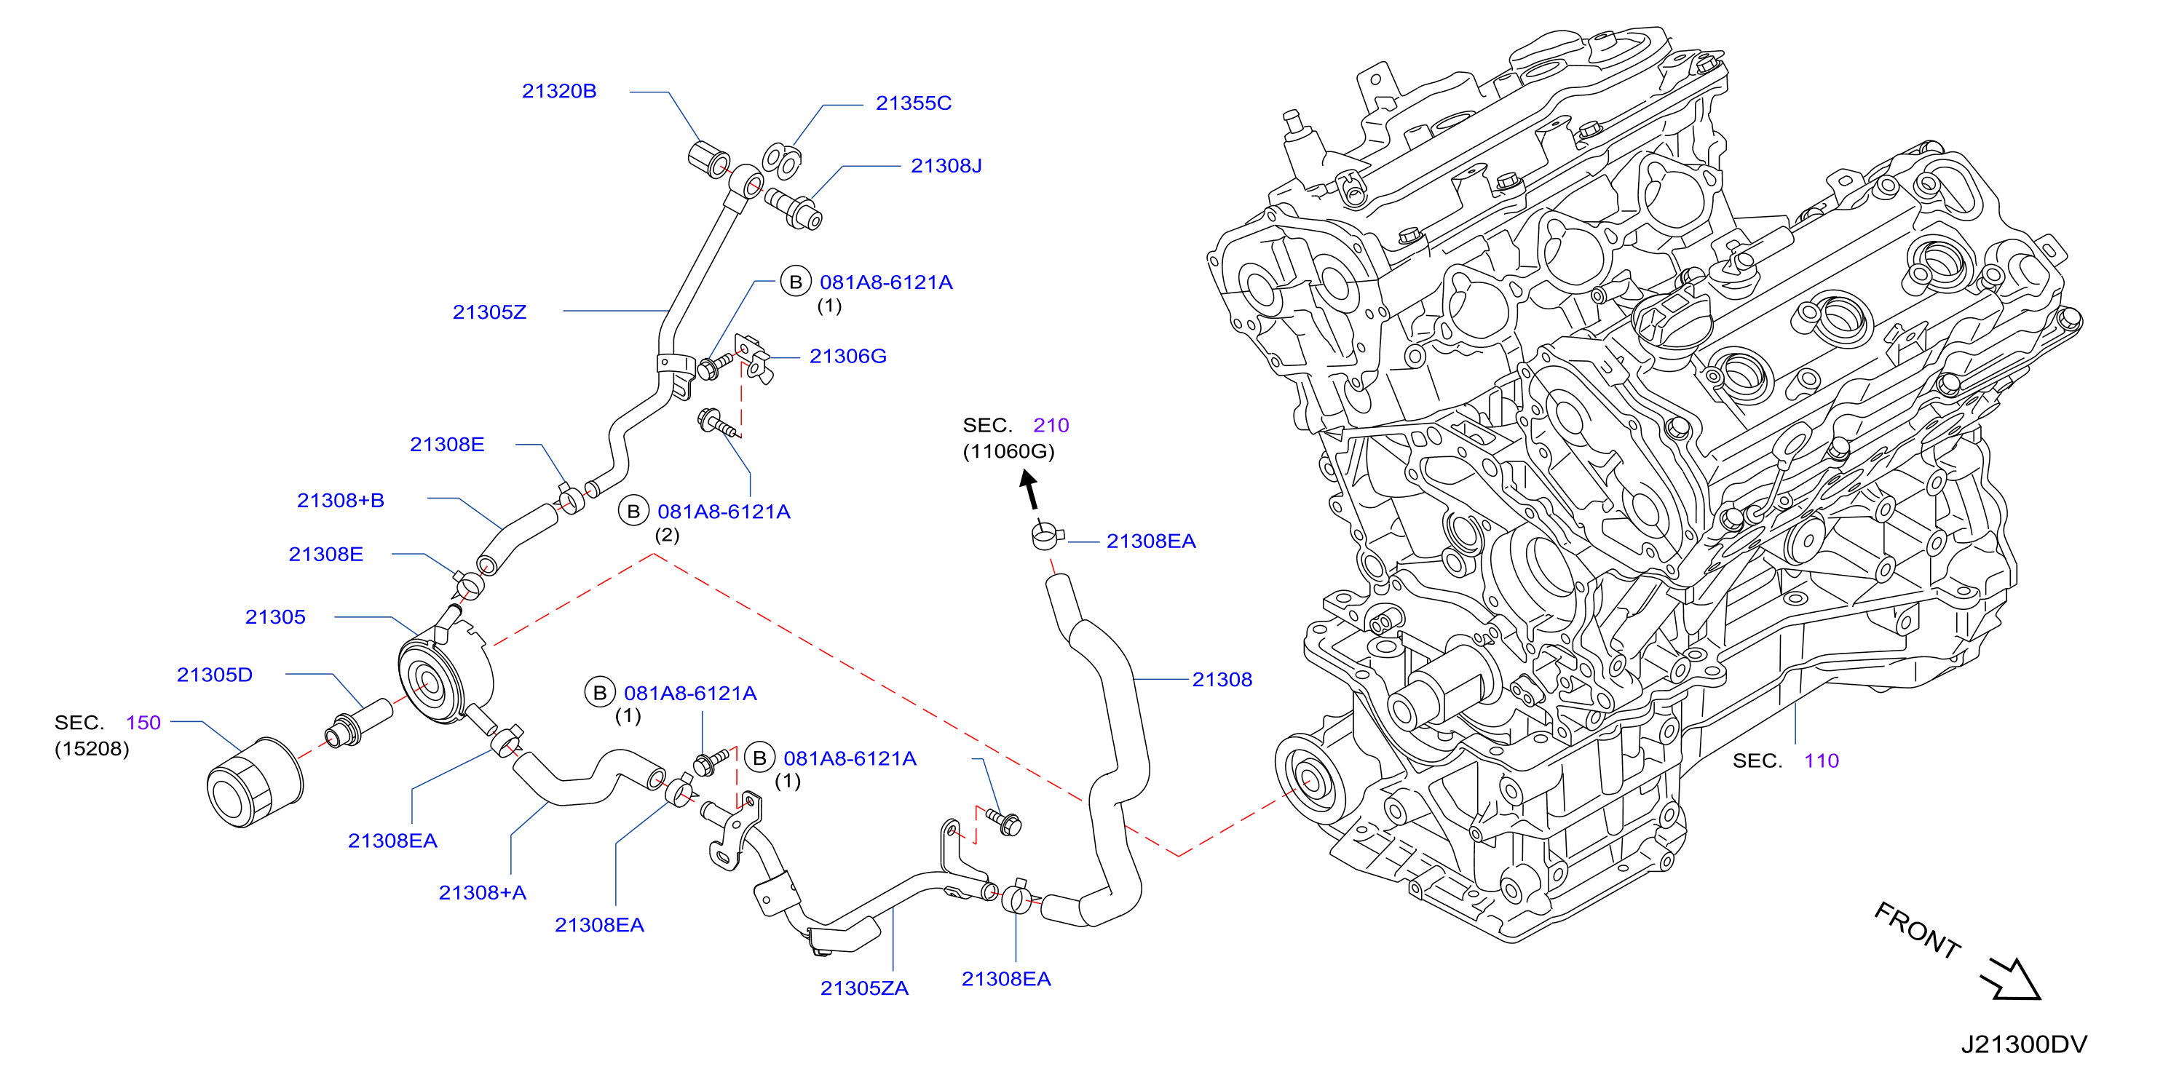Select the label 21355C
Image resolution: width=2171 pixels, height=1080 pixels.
[914, 103]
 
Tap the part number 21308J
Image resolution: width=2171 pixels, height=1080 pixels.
[946, 166]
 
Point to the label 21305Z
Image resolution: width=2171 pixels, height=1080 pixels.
[490, 312]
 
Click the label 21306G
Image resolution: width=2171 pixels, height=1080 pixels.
[848, 357]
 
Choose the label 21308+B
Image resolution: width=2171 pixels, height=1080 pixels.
[341, 501]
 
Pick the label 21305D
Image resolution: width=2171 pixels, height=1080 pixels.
[215, 675]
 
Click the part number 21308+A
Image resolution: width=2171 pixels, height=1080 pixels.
[482, 893]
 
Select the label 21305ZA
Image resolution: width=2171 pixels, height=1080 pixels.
[865, 988]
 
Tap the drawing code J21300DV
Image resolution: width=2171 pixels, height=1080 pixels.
[2023, 1044]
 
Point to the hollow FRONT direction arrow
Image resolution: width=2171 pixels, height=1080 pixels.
[2012, 980]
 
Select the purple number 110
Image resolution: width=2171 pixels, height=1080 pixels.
[1822, 761]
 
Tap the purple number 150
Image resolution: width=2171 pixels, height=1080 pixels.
[143, 723]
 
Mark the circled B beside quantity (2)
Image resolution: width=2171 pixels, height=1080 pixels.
[634, 512]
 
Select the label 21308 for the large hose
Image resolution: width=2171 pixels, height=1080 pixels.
[1222, 680]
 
